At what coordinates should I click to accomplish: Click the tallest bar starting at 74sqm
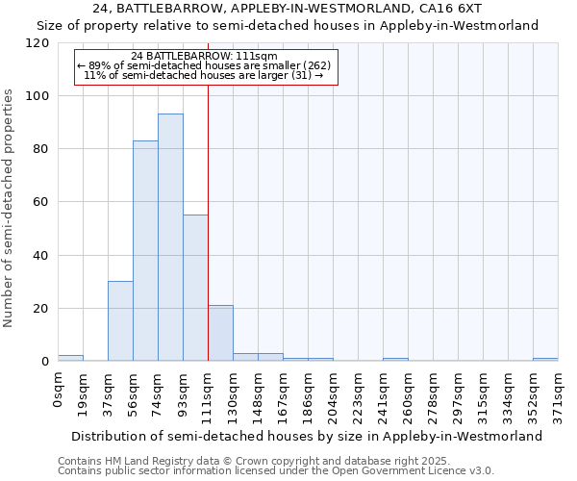[x=170, y=238]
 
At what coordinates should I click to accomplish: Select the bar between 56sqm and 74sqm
[x=145, y=251]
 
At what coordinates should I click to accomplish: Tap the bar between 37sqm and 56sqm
[x=120, y=321]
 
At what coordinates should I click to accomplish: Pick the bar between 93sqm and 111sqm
[x=195, y=288]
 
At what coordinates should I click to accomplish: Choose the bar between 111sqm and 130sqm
[x=220, y=333]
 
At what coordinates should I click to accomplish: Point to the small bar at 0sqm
[x=70, y=359]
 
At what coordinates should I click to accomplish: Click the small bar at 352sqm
[x=545, y=360]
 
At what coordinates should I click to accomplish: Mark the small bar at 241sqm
[x=395, y=360]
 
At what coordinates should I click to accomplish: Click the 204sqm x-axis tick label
[x=333, y=392]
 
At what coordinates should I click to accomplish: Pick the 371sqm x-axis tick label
[x=558, y=392]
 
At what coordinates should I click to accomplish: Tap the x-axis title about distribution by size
[x=307, y=436]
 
